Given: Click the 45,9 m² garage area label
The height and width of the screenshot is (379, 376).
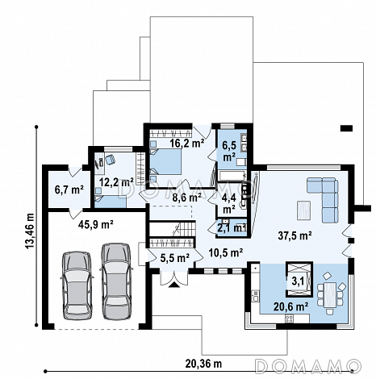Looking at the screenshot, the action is coord(96,224).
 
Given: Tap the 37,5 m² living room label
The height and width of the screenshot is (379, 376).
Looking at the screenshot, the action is coord(295,235).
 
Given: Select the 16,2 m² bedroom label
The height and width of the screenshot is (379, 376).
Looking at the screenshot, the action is coord(187,143).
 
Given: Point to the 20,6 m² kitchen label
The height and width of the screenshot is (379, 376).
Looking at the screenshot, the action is coord(291,306).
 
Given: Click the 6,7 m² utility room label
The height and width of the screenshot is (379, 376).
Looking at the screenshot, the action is coord(69,189).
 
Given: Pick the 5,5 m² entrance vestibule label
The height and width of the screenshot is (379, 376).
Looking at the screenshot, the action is coord(175,258).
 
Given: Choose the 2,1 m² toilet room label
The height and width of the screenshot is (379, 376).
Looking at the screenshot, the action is coord(232,228).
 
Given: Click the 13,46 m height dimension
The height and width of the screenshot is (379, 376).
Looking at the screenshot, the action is coord(31,231).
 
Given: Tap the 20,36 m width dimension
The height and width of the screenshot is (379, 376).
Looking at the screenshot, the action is coord(203,364).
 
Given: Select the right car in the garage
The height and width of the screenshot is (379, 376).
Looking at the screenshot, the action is coord(116,281).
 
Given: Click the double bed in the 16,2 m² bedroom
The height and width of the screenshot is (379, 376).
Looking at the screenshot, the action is coord(165,161).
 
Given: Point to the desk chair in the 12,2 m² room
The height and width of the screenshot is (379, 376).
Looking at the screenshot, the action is coord(110,160).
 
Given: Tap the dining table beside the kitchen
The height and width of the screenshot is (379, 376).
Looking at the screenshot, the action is coord(330,294).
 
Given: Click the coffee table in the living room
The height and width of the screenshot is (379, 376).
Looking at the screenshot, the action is coord(303,210).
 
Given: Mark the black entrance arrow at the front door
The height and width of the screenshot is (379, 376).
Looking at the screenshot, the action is coord(174,285).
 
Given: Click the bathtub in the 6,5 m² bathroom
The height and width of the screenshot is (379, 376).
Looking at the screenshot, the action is coord(232,177).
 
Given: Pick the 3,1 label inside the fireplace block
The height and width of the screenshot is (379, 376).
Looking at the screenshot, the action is coord(298,281).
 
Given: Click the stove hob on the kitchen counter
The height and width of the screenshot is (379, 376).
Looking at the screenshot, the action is coord(290,319).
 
